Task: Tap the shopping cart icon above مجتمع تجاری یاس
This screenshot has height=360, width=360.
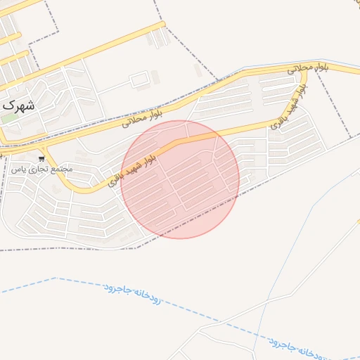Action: (43, 159)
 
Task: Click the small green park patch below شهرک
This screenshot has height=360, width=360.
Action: (8, 117)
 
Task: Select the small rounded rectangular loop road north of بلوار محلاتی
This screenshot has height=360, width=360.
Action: (139, 79)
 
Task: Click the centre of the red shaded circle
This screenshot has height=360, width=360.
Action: (180, 179)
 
